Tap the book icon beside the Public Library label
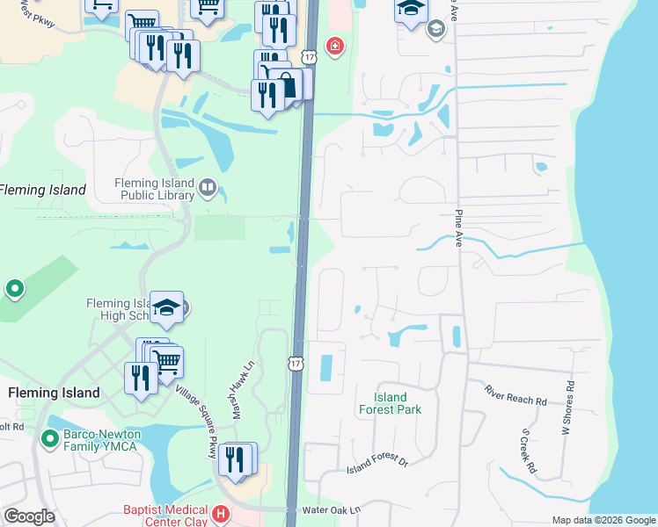[x=207, y=186]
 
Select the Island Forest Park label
[x=390, y=403]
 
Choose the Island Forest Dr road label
[x=377, y=463]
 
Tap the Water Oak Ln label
[x=332, y=509]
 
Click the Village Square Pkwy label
[x=195, y=422]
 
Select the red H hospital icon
[x=222, y=513]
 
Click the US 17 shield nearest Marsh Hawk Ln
[x=296, y=363]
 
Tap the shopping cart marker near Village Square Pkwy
[x=166, y=359]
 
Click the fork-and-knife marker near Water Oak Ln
[x=235, y=459]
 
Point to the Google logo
[x=30, y=516]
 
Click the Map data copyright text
[x=603, y=520]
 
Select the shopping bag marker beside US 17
[x=288, y=85]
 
